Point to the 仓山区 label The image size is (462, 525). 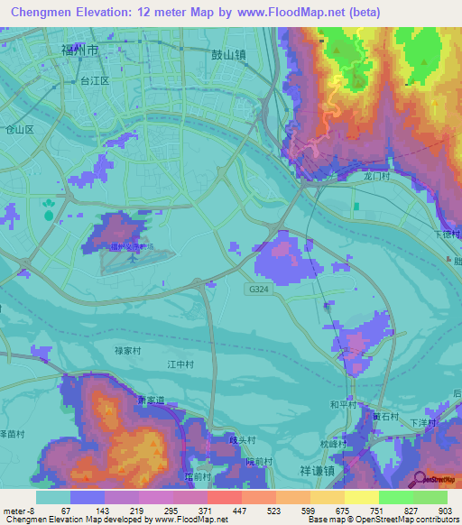pyautogui.click(x=19, y=129)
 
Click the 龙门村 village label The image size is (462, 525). pyautogui.click(x=375, y=178)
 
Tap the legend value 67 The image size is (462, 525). pyautogui.click(x=66, y=511)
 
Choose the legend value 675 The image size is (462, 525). pyautogui.click(x=340, y=511)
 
